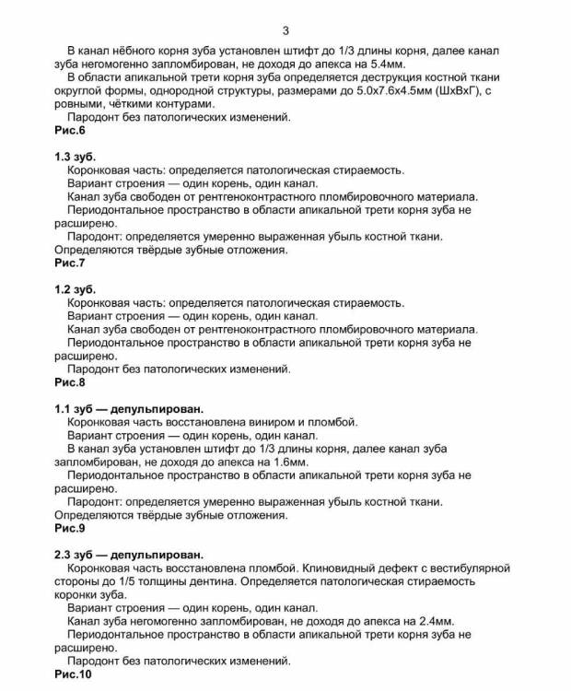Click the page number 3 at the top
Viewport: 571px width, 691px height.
(285, 30)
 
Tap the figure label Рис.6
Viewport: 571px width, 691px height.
(70, 130)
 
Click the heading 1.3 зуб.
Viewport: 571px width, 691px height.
(75, 157)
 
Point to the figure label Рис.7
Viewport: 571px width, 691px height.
(70, 263)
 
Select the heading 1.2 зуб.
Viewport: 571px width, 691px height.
(75, 289)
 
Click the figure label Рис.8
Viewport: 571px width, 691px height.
(70, 381)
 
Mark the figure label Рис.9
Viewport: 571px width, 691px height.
(70, 529)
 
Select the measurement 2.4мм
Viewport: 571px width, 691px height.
(432, 621)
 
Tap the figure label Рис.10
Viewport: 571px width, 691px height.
(74, 674)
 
